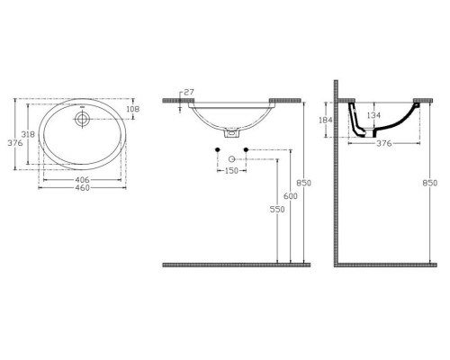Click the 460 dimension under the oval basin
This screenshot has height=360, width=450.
coord(82,187)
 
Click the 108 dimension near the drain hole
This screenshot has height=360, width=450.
coord(132,109)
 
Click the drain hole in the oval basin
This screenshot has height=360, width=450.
coord(82,116)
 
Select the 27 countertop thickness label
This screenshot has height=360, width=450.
coord(187,92)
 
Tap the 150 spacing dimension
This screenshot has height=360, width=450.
coord(231,169)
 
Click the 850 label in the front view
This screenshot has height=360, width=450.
coord(305,184)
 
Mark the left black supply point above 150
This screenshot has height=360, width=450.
coord(218,148)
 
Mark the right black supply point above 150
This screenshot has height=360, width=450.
coord(245,148)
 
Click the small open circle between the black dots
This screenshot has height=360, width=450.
coord(231,159)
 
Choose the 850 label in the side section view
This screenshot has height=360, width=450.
coord(436,184)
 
